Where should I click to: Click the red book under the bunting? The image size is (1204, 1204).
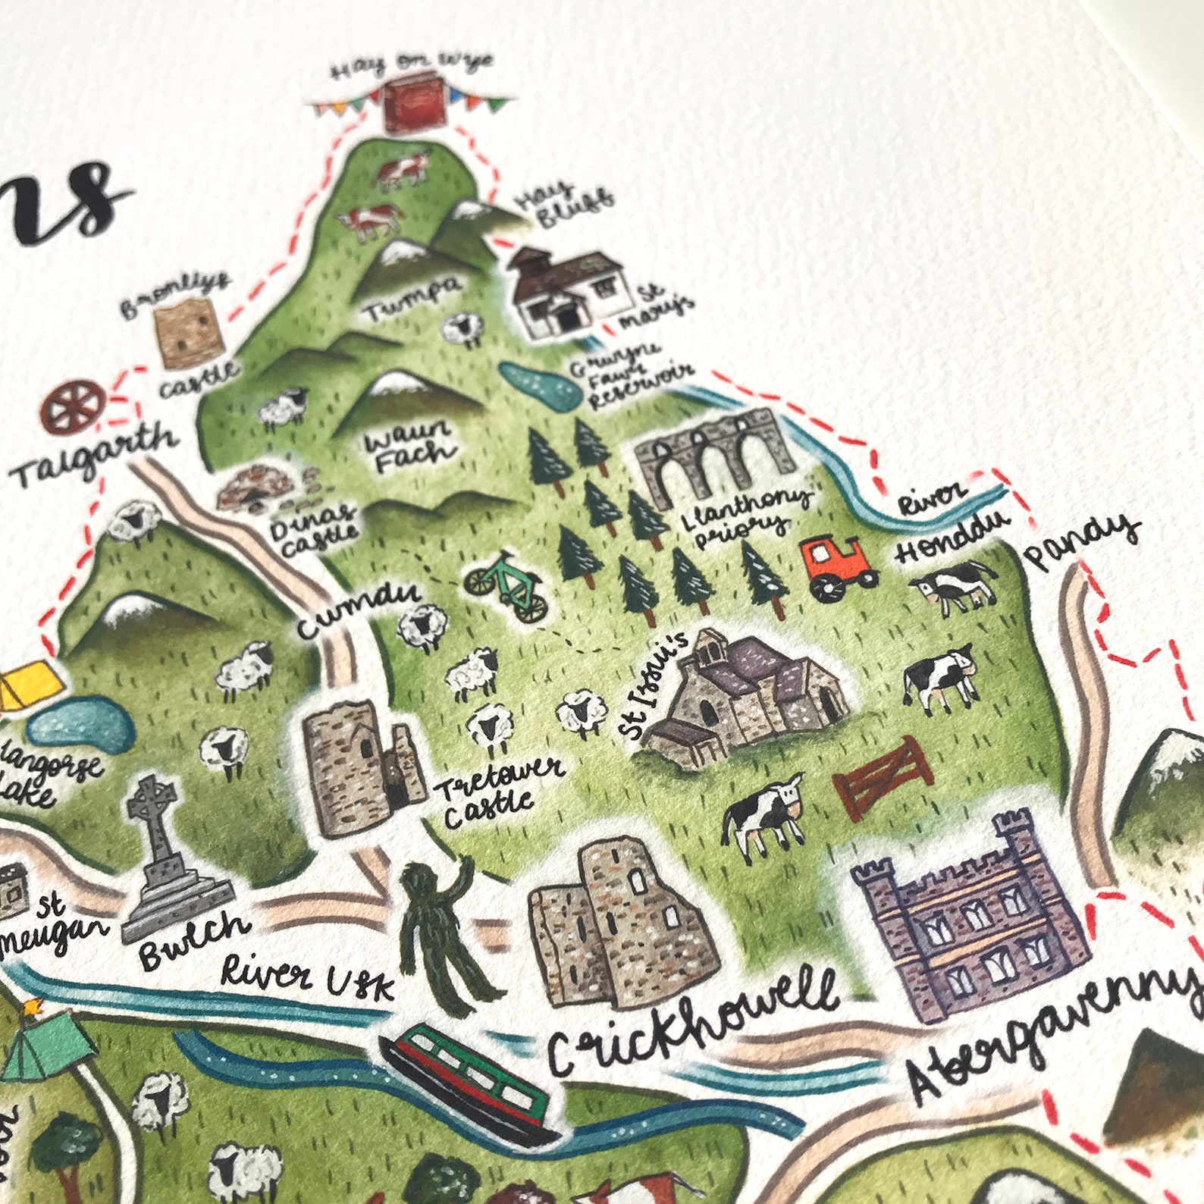(x=410, y=111)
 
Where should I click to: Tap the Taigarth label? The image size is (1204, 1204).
(x=94, y=455)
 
